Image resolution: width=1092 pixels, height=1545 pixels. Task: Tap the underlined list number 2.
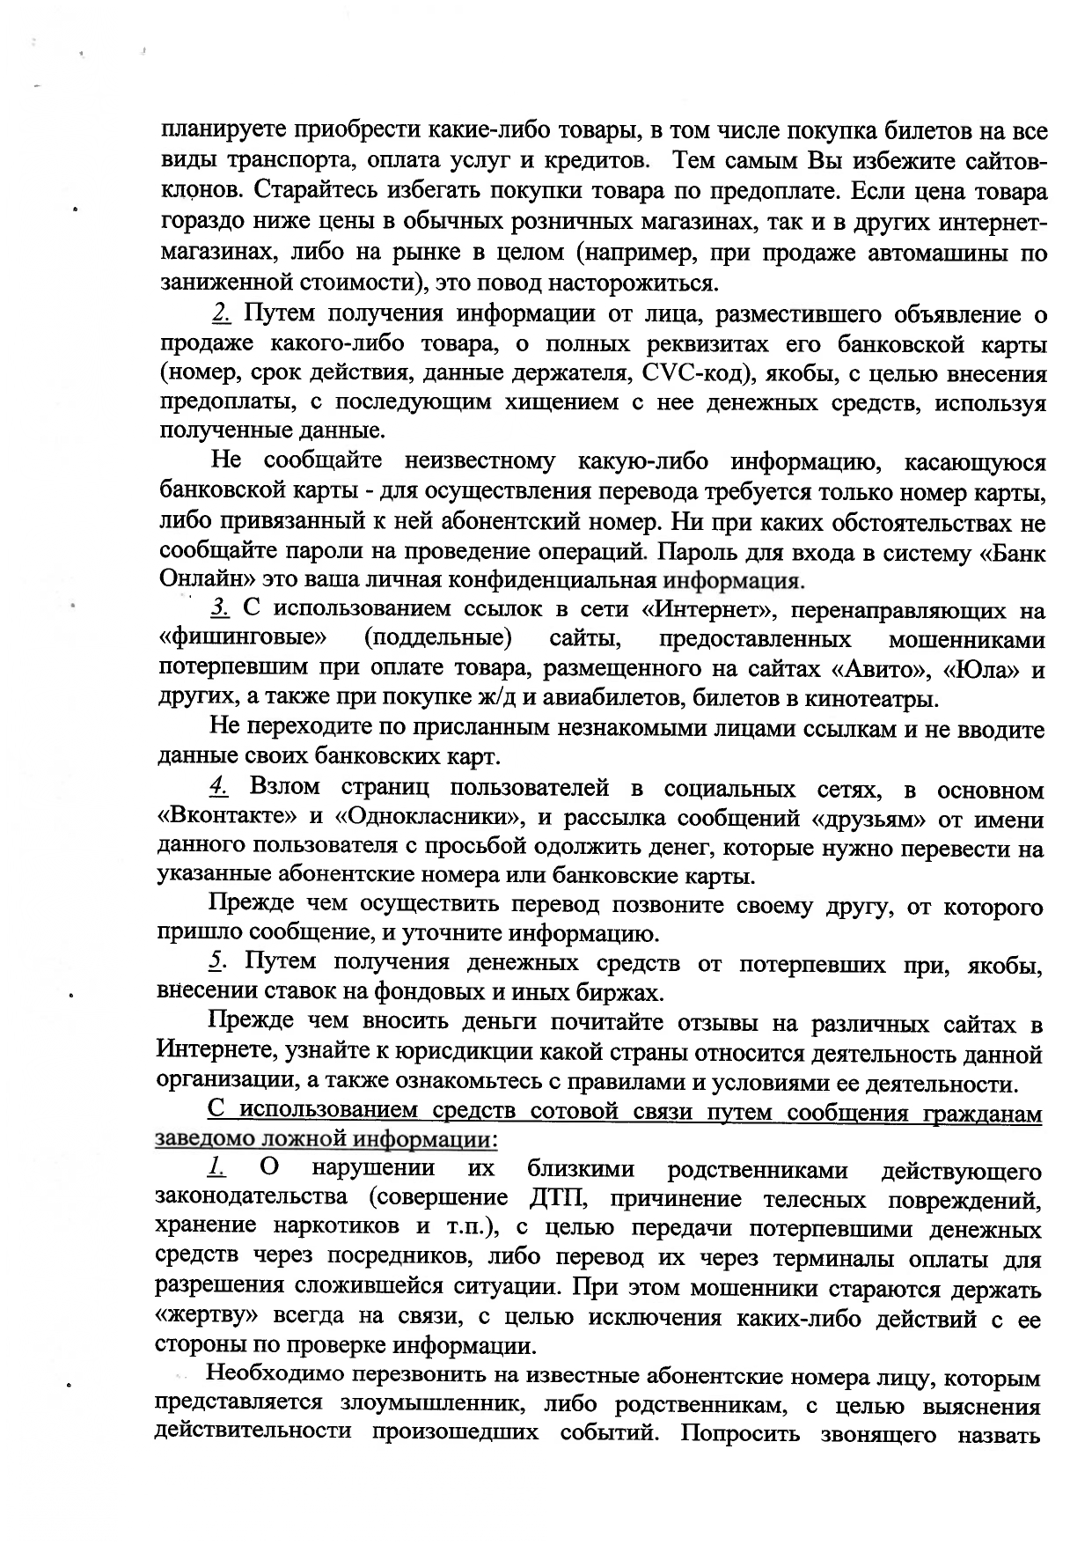221,314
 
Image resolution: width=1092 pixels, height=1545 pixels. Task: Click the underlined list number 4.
218,788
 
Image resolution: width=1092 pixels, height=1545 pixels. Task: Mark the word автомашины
937,255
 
